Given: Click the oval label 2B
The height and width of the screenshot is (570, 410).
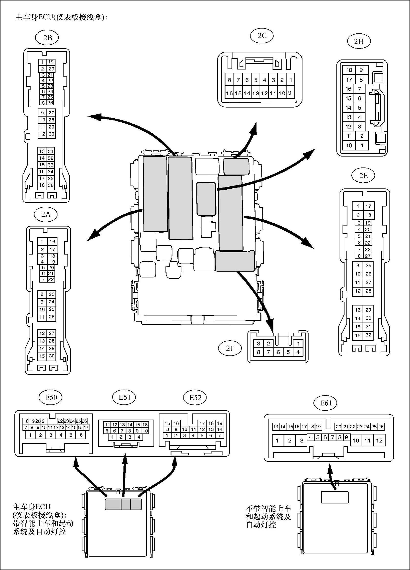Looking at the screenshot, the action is point(47,38).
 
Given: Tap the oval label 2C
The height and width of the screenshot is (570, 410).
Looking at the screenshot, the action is point(262,36).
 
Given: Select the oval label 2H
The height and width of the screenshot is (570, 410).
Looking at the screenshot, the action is point(359,41).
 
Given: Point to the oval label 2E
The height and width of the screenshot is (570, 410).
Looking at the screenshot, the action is point(363,176).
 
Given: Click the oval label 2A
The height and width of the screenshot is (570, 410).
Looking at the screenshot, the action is point(46,214).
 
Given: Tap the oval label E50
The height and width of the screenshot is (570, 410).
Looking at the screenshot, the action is point(51,397).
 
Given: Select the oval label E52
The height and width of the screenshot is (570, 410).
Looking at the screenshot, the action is point(195,398).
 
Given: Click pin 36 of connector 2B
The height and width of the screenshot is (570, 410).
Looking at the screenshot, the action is point(51,186).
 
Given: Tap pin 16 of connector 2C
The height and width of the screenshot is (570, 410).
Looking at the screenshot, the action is point(229,93).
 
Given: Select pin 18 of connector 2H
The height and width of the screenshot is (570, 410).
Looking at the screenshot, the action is point(349,70).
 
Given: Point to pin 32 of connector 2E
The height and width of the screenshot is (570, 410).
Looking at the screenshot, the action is point(368,335).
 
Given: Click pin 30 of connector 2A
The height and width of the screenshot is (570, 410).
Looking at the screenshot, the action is point(51,356).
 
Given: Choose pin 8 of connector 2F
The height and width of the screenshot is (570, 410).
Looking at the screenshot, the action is point(259,352).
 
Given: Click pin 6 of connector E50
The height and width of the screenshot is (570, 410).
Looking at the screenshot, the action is point(81,435).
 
